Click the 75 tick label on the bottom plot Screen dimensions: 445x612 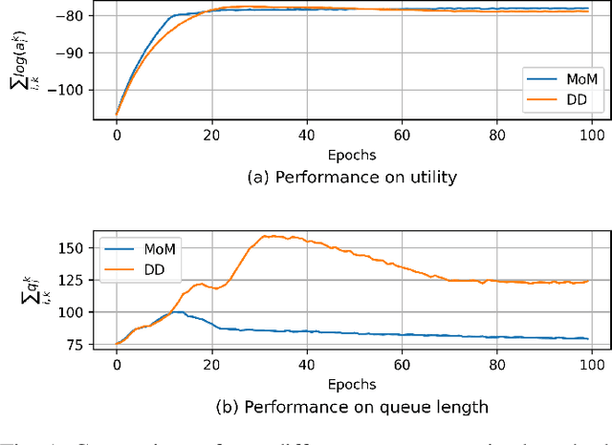pos(84,345)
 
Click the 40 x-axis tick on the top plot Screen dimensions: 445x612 pos(307,135)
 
